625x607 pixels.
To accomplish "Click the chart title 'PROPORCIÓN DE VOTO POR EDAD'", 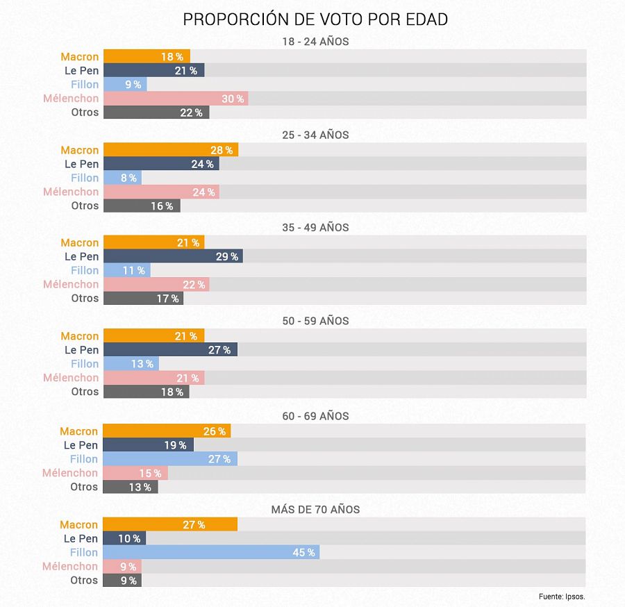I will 315,19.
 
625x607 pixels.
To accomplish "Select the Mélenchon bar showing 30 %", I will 175,99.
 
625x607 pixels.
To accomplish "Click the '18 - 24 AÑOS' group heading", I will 315,42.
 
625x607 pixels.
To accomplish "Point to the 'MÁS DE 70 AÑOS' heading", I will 315,510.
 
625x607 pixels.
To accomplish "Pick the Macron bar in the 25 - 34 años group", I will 170,150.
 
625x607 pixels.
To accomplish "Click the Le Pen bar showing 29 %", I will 172,256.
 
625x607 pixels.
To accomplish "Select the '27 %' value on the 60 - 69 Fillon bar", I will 219,459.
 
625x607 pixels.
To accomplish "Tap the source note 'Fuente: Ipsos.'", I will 562,597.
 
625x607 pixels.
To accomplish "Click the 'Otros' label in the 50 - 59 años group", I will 85,392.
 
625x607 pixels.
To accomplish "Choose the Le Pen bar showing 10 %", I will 124,538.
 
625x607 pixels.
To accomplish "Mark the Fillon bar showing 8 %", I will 122,178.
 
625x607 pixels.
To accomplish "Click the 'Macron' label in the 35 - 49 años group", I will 79,242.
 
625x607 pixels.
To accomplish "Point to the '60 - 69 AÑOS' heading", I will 315,416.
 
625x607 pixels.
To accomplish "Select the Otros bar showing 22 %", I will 156,113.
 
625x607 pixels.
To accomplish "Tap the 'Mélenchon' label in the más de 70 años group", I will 70,567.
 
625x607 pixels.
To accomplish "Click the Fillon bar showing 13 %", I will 131,364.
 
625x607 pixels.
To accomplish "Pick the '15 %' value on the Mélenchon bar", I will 150,473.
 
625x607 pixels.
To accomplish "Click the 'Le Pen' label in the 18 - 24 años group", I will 81,71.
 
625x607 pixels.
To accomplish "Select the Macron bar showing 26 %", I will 166,431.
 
